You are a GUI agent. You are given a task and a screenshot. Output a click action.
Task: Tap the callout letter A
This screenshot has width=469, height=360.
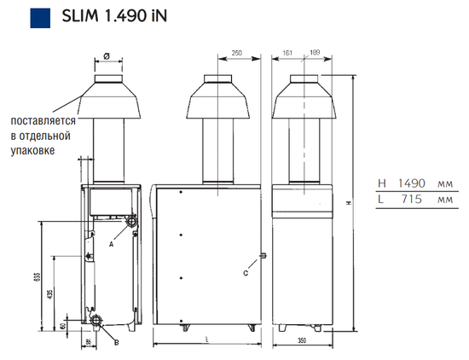pyautogui.click(x=112, y=243)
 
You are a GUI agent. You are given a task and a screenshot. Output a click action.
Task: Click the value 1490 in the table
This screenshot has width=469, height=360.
pyautogui.click(x=406, y=183)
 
